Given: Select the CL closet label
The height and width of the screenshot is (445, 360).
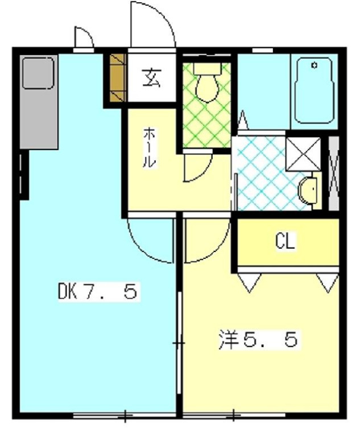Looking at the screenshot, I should (286, 242).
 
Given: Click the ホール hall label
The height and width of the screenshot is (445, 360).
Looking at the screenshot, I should (148, 147).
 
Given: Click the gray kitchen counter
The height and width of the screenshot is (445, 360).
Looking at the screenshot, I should (39, 102).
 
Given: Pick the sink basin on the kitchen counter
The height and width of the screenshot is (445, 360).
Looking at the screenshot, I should (38, 73).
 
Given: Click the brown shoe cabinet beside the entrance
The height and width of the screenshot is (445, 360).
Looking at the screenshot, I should (117, 78).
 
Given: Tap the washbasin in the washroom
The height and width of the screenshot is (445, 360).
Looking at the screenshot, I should (308, 191).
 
